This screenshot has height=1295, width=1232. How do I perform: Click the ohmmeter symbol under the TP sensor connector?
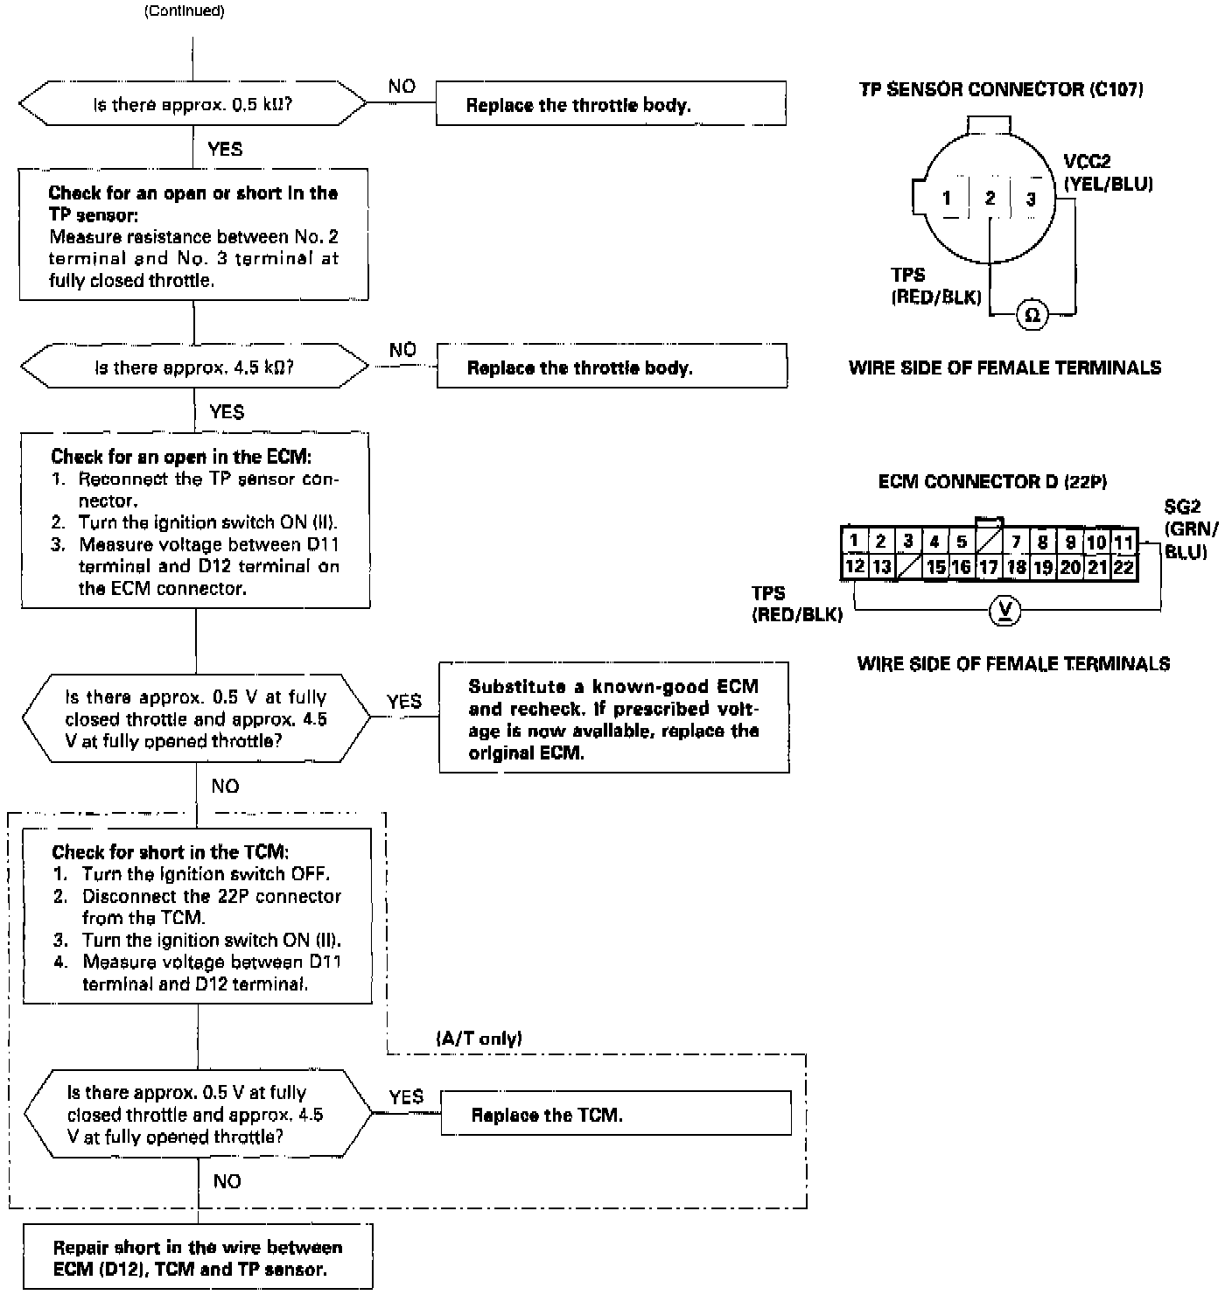[1032, 314]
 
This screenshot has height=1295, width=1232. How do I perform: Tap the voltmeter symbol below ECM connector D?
[1004, 611]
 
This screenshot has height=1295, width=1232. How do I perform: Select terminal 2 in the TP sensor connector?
[990, 198]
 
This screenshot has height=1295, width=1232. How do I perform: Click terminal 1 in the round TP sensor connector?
[946, 198]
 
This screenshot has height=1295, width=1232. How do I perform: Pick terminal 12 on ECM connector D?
[854, 566]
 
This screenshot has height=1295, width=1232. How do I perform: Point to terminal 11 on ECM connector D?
[1123, 542]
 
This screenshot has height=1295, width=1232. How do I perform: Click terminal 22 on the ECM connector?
[1123, 567]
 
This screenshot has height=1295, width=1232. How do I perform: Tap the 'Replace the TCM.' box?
[615, 1114]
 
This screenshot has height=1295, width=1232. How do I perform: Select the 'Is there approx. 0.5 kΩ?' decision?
[193, 105]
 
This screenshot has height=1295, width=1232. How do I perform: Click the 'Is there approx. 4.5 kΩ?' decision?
[194, 368]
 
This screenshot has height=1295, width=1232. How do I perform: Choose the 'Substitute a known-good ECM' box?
[613, 718]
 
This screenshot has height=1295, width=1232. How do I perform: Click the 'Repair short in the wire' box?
[197, 1257]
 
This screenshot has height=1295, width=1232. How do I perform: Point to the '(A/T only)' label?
[479, 1039]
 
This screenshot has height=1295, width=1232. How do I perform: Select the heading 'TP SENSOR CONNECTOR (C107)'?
[1001, 89]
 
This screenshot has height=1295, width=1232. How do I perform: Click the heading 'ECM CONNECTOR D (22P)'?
[992, 482]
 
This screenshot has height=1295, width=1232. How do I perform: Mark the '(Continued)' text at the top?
[184, 11]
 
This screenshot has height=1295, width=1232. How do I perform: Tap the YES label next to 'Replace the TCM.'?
[406, 1096]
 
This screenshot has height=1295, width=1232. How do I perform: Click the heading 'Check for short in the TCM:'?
[170, 851]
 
